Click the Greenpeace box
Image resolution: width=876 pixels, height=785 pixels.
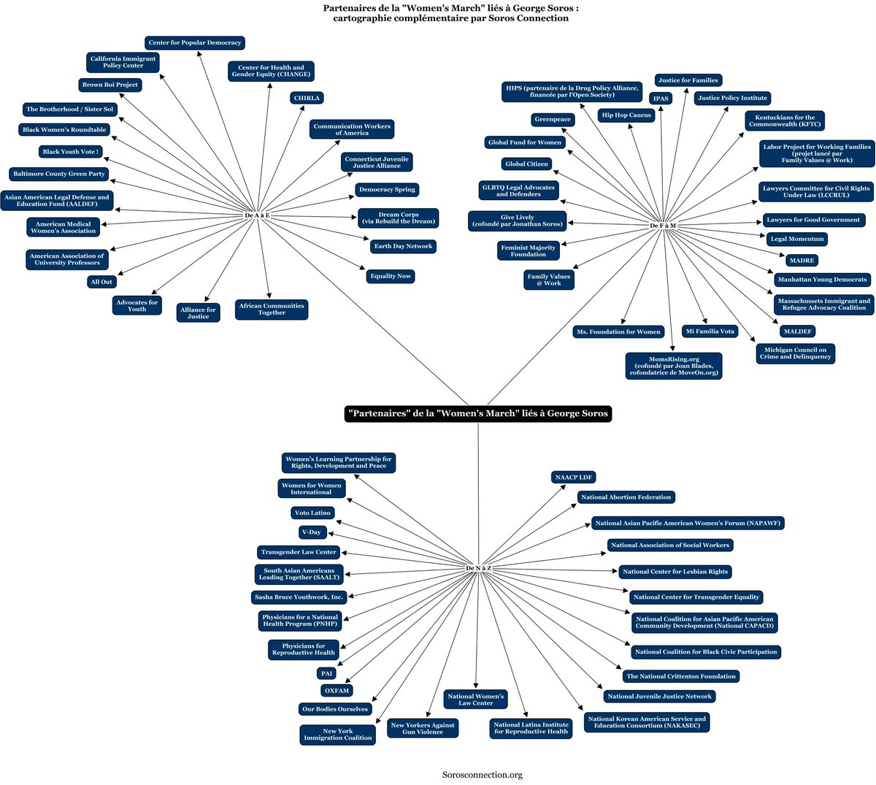click(552, 119)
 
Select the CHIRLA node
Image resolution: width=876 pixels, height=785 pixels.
click(307, 98)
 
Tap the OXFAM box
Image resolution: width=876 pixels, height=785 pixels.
click(337, 691)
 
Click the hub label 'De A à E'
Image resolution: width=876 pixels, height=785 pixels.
click(257, 215)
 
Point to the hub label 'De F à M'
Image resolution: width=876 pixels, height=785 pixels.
click(663, 226)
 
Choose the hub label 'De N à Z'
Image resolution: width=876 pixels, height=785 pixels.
click(478, 568)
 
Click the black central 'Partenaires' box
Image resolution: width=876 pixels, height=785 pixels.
click(477, 413)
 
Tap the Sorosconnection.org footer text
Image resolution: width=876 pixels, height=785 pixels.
click(482, 775)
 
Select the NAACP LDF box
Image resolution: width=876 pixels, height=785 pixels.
click(573, 477)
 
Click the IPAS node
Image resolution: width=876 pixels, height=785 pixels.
click(661, 99)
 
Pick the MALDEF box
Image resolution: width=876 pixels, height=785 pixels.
click(798, 332)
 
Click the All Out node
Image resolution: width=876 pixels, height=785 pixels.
click(101, 282)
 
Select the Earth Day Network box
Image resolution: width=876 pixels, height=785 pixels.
click(403, 247)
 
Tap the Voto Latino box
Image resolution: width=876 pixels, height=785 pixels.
click(312, 513)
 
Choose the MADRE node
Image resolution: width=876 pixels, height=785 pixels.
click(802, 261)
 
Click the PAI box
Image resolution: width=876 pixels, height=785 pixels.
click(326, 673)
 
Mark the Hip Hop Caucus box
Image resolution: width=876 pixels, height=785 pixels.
click(626, 115)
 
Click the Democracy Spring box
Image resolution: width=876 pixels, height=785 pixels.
click(387, 189)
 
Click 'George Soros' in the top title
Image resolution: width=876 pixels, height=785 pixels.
click(542, 8)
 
